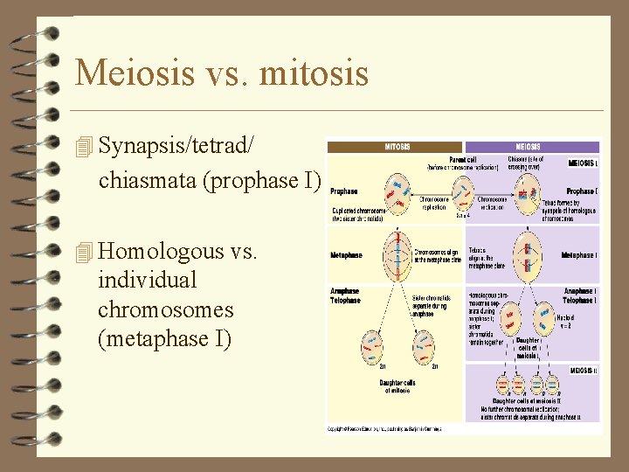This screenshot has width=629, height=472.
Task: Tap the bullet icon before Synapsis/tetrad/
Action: click(x=84, y=148)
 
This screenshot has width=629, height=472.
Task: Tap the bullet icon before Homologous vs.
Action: click(x=84, y=253)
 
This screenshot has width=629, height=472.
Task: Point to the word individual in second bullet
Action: click(x=148, y=281)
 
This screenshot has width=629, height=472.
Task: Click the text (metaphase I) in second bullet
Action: click(x=165, y=338)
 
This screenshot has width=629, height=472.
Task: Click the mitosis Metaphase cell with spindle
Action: click(x=398, y=253)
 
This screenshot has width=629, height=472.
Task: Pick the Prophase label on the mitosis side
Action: click(x=343, y=191)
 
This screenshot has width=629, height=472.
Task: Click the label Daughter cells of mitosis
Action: click(x=397, y=386)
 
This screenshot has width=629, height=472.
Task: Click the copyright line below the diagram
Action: click(x=384, y=429)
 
